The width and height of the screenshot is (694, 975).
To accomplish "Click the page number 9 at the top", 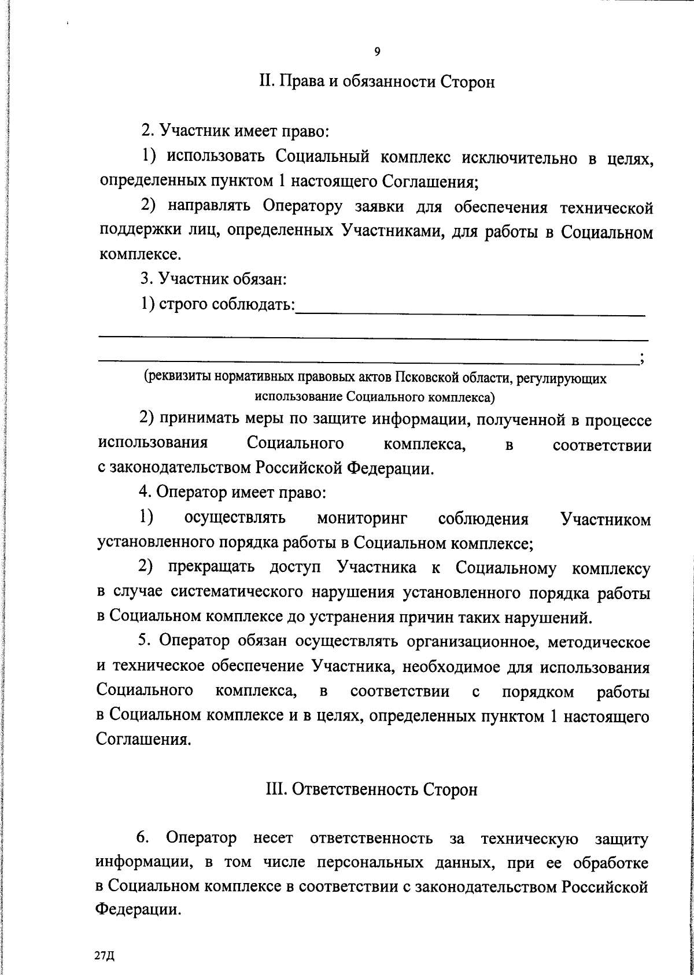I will [x=377, y=52].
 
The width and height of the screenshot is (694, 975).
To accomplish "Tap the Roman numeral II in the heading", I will [x=267, y=82].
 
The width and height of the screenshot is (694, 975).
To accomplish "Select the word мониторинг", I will [x=362, y=519].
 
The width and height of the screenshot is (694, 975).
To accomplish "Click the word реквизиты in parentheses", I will [x=179, y=379].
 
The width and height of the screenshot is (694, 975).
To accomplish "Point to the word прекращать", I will [x=212, y=568].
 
